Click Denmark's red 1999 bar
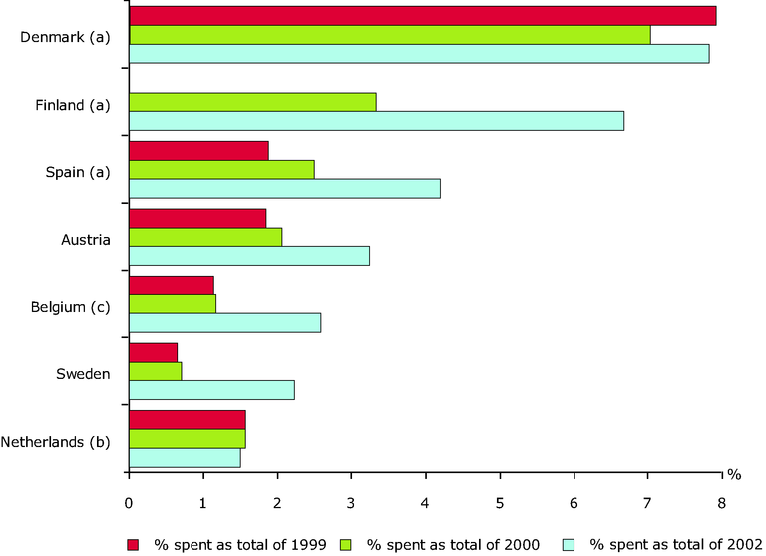422,16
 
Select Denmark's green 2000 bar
389,35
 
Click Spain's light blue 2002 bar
284,189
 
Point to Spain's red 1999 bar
198,151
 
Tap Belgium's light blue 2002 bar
224,323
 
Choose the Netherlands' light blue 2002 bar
185,458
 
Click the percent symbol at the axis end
733,473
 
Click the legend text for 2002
669,544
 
